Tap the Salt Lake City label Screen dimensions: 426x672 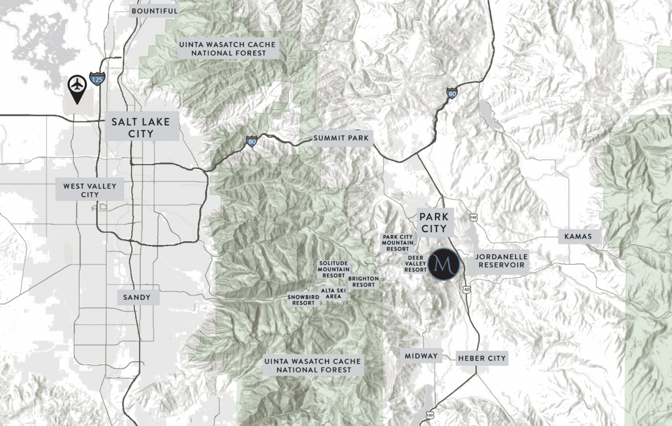pos(141,128)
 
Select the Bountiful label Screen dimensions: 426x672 pos(154,11)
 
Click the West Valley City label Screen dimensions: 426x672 pos(90,190)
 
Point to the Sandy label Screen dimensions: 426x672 pos(137,298)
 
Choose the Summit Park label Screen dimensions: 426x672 pos(341,138)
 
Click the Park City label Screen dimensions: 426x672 pos(434,223)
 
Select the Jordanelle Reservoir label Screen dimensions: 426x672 pos(501,261)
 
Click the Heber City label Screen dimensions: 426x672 pos(482,358)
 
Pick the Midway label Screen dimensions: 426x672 pos(421,356)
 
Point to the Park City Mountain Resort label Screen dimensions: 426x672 pos(398,243)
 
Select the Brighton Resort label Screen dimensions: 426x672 pos(361,282)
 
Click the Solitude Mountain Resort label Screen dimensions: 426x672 pos(334,269)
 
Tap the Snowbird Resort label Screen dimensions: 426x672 pos(304,300)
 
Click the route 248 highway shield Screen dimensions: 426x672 pos(473,218)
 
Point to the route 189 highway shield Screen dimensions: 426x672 pos(429,415)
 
